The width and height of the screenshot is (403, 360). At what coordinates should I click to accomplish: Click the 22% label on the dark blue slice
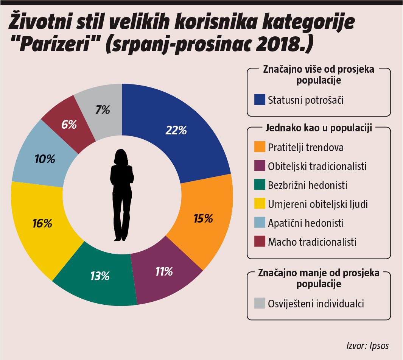pos(176,130)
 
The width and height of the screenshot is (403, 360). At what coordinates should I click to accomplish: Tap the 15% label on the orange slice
pos(203,218)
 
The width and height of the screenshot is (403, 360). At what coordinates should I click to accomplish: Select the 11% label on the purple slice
pos(164,271)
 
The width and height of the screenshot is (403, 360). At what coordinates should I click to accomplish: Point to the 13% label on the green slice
pos(100,276)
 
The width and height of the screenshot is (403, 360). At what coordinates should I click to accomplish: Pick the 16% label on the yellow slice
pos(42,224)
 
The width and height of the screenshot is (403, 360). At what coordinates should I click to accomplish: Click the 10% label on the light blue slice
pos(44,159)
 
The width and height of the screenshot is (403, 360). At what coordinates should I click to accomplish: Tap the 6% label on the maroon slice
pos(69,125)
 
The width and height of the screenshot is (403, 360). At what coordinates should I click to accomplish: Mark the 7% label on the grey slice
pos(103,110)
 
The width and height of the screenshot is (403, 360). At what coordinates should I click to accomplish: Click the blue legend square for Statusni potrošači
pos(260,100)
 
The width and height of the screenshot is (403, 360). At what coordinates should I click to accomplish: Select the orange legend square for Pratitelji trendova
pos(260,147)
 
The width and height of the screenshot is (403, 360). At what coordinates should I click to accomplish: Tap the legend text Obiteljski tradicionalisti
pos(317,166)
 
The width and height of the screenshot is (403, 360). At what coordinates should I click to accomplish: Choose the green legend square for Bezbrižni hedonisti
pos(260,185)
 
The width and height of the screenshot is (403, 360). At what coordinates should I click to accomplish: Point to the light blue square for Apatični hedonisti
pos(260,223)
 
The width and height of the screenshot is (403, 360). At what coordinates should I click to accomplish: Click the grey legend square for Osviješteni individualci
pos(260,303)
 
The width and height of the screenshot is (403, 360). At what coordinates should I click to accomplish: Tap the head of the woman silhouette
pos(121,156)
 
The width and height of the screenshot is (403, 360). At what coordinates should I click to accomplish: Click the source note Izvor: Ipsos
pos(367,346)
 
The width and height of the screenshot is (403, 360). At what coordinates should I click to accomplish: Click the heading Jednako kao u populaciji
pos(319,128)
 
